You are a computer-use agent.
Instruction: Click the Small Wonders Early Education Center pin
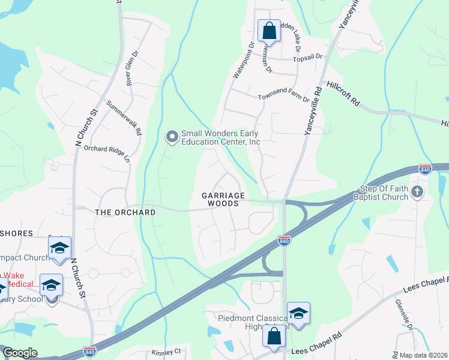click(172, 138)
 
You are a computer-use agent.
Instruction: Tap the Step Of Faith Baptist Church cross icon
click(418, 192)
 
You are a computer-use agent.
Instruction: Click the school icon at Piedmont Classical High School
click(298, 313)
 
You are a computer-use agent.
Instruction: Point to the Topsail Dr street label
click(307, 57)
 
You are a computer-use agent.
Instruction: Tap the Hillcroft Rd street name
click(343, 94)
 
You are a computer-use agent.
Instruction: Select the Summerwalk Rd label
click(124, 117)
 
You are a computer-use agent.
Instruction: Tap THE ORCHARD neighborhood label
click(125, 212)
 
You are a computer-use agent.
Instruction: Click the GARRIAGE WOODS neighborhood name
click(223, 200)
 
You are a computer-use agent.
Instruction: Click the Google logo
click(20, 353)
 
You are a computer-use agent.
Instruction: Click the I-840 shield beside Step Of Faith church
click(425, 169)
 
